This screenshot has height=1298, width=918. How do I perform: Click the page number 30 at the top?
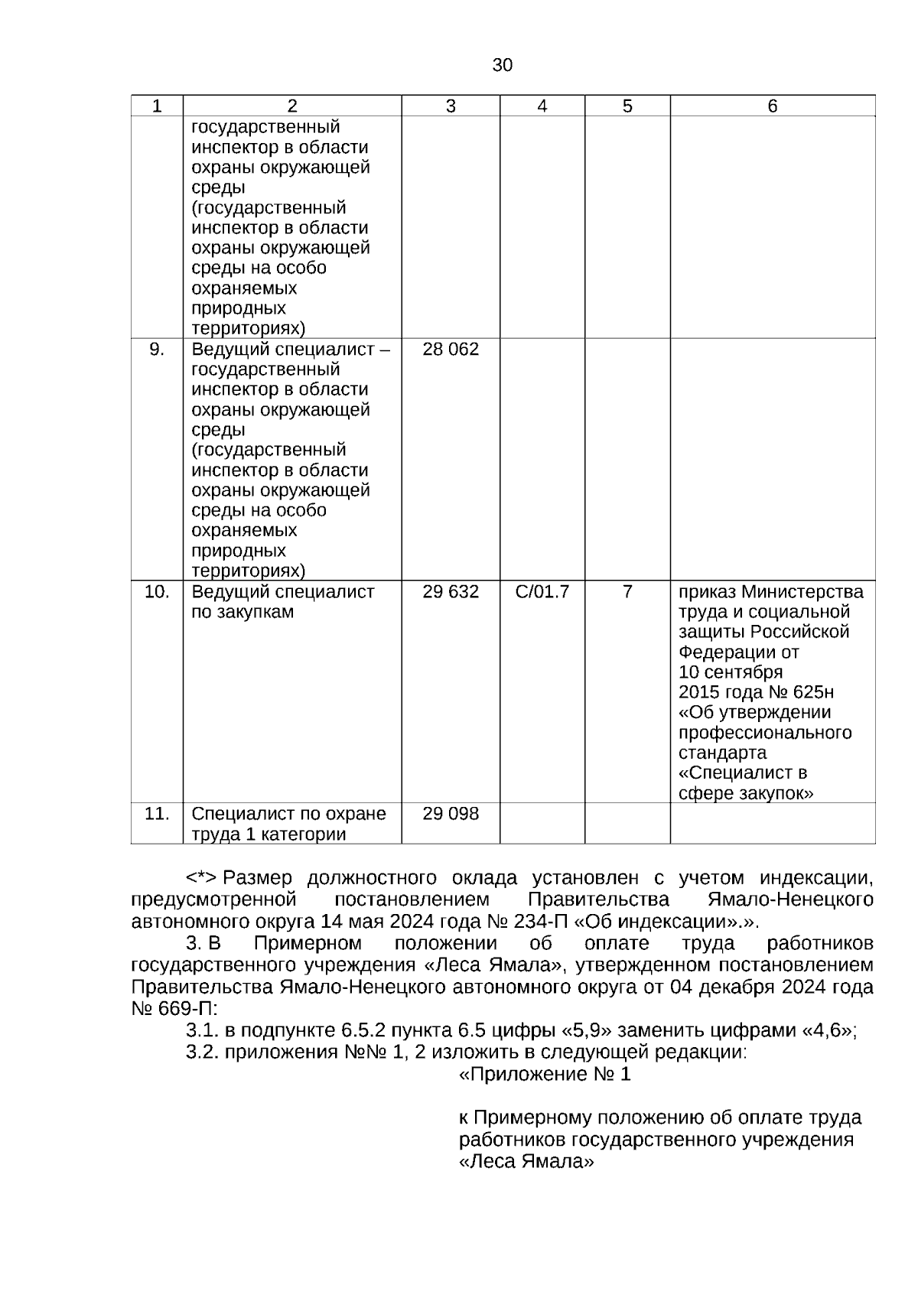pyautogui.click(x=502, y=66)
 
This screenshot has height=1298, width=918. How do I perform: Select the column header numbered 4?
pyautogui.click(x=542, y=106)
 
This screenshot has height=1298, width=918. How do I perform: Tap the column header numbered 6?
pyautogui.click(x=772, y=106)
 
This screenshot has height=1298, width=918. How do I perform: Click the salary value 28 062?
pyautogui.click(x=451, y=350)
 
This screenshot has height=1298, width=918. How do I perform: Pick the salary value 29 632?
pyautogui.click(x=451, y=592)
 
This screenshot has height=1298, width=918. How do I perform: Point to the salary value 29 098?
pyautogui.click(x=451, y=814)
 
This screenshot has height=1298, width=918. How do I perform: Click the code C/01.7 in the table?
pyautogui.click(x=542, y=592)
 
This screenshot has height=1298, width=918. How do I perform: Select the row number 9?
pyautogui.click(x=157, y=350)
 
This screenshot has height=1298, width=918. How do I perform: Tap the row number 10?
pyautogui.click(x=157, y=592)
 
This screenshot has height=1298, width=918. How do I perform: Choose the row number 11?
pyautogui.click(x=157, y=814)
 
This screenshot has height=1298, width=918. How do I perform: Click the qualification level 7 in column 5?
pyautogui.click(x=627, y=592)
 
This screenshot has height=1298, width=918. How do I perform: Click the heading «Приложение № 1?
pyautogui.click(x=545, y=1075)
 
